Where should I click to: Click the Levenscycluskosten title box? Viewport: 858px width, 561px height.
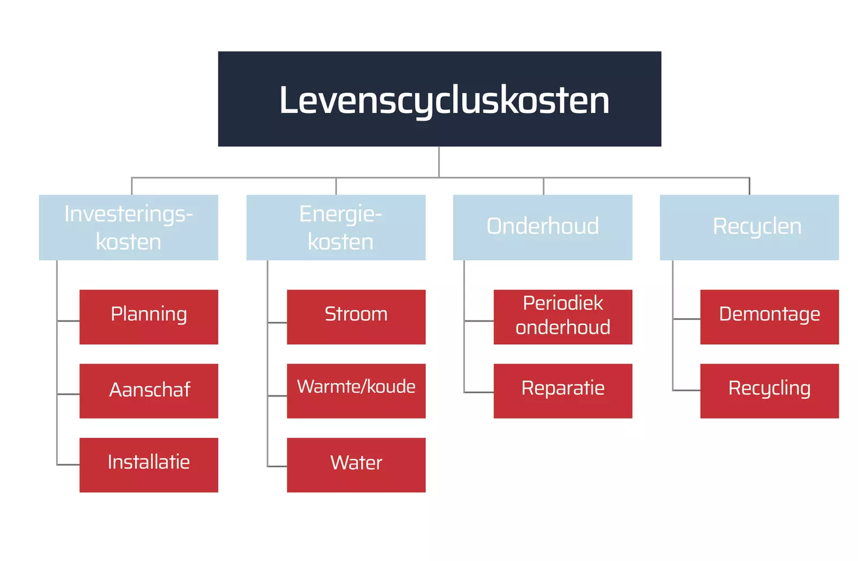click(439, 99)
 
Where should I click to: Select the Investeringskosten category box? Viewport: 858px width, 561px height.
click(128, 227)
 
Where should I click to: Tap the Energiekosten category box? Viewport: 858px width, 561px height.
click(336, 227)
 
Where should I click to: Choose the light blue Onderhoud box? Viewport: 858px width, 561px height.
click(542, 227)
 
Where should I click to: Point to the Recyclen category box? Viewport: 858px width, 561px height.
click(749, 227)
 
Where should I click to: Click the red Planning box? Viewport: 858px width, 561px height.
click(149, 317)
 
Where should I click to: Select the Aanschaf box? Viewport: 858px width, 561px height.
click(149, 391)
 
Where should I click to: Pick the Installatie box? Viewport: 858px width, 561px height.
click(149, 465)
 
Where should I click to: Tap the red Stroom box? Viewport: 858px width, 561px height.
click(356, 317)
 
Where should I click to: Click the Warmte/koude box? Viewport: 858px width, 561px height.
click(356, 391)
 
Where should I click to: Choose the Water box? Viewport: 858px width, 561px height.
click(356, 465)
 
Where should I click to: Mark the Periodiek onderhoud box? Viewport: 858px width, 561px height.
click(563, 317)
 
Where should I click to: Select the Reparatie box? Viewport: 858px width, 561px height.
click(563, 391)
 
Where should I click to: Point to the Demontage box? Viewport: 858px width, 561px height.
click(769, 317)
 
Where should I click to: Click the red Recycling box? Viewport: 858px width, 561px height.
click(769, 391)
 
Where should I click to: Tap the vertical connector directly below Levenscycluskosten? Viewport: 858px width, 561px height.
click(439, 161)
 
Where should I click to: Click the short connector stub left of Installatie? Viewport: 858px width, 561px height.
click(68, 465)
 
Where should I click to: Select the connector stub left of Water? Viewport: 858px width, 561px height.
click(277, 466)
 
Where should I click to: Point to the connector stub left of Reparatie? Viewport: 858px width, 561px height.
click(479, 392)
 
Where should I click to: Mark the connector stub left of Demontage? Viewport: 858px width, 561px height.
click(686, 319)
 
